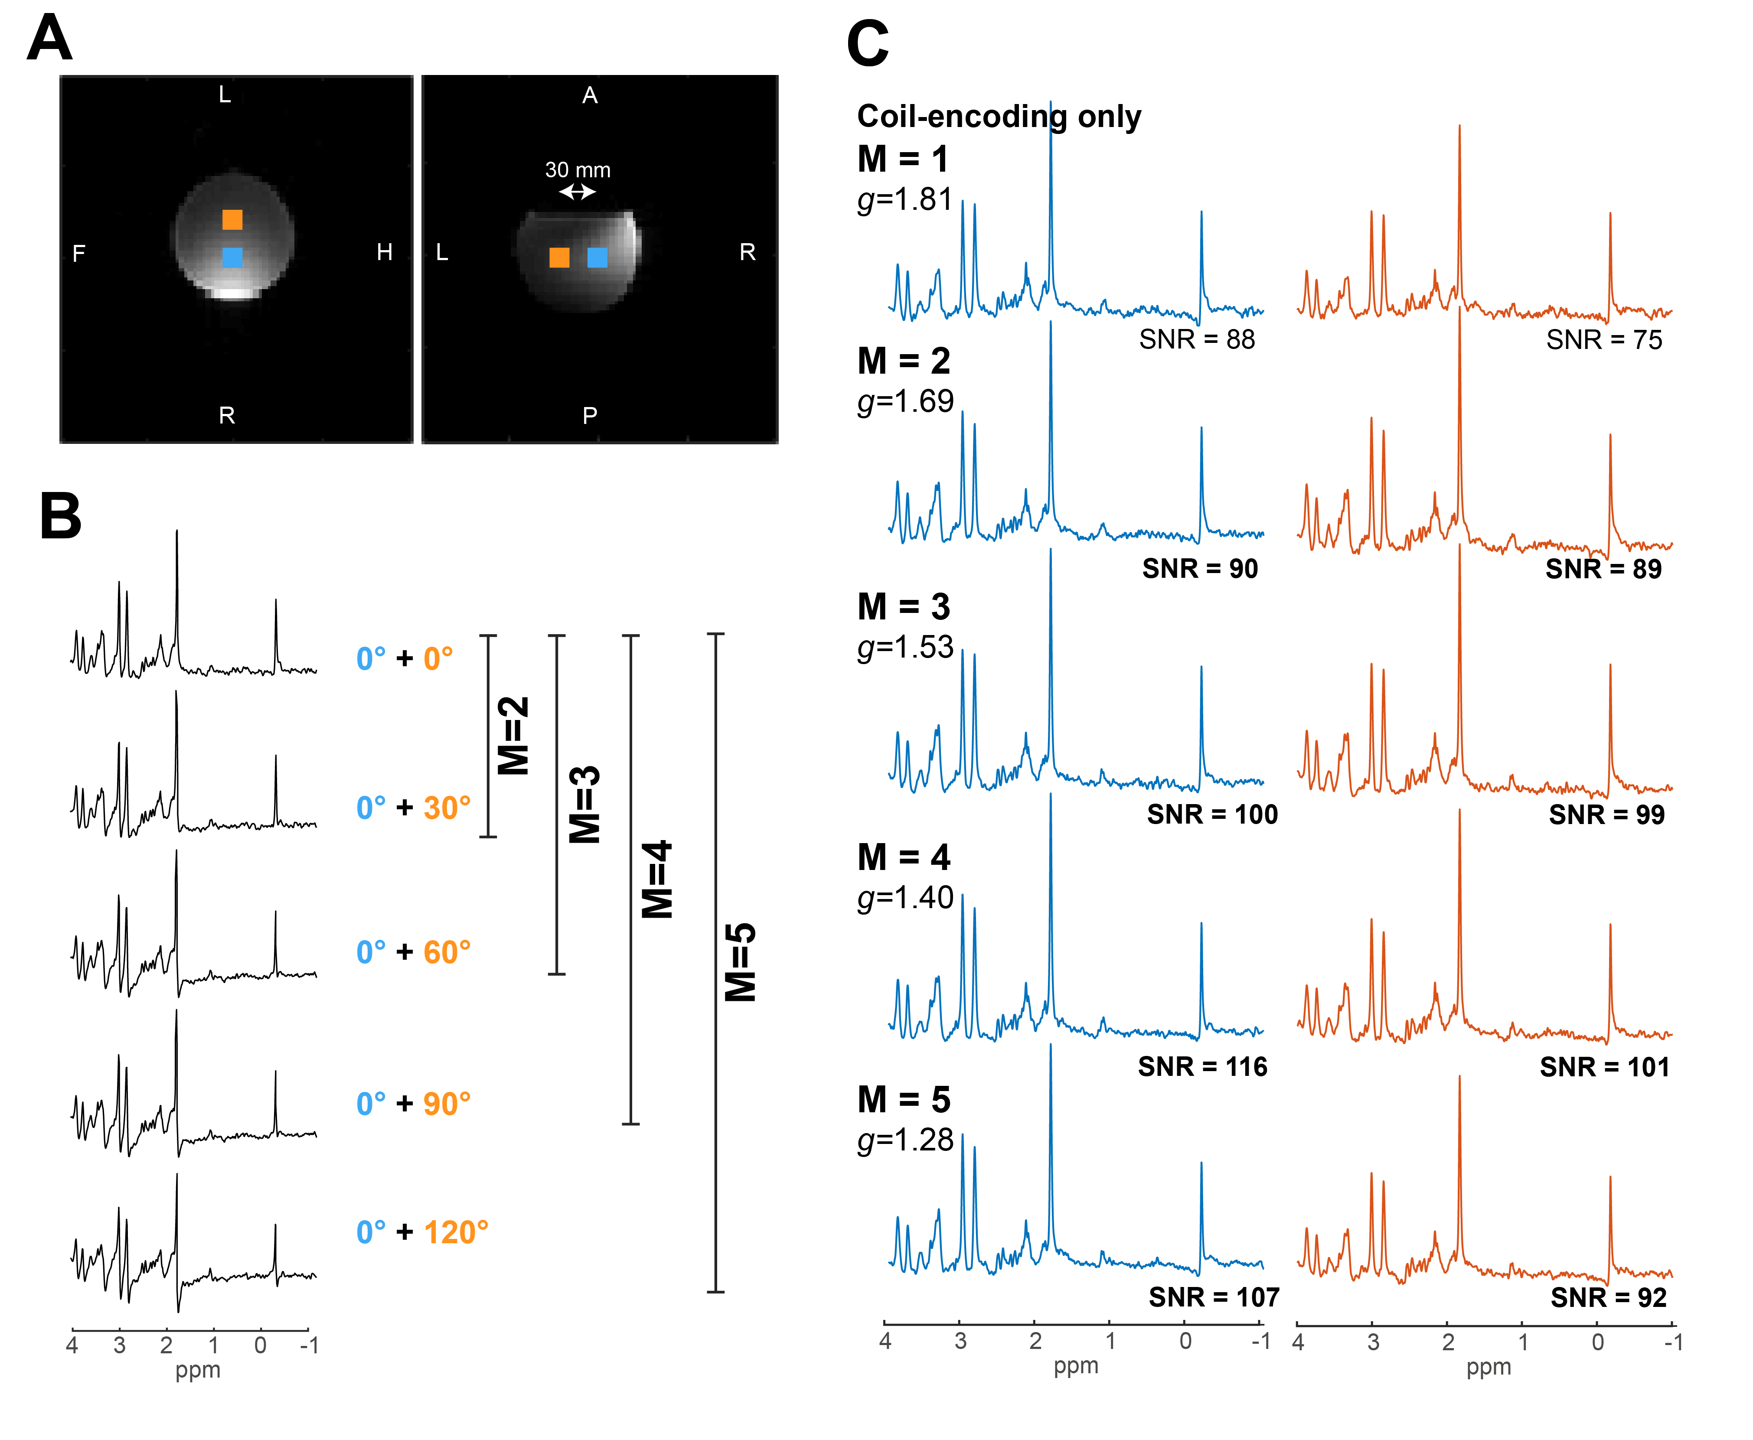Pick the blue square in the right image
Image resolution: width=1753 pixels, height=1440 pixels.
597,258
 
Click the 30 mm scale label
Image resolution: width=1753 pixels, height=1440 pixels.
578,170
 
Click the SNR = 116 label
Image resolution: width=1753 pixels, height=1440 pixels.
1202,1067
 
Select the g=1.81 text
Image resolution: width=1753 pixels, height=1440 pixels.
904,200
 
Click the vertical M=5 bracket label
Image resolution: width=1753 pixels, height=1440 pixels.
740,962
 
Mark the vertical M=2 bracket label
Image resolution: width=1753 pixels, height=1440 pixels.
513,736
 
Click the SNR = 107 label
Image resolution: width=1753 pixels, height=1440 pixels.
1214,1297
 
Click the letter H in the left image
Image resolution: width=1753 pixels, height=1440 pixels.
384,252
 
